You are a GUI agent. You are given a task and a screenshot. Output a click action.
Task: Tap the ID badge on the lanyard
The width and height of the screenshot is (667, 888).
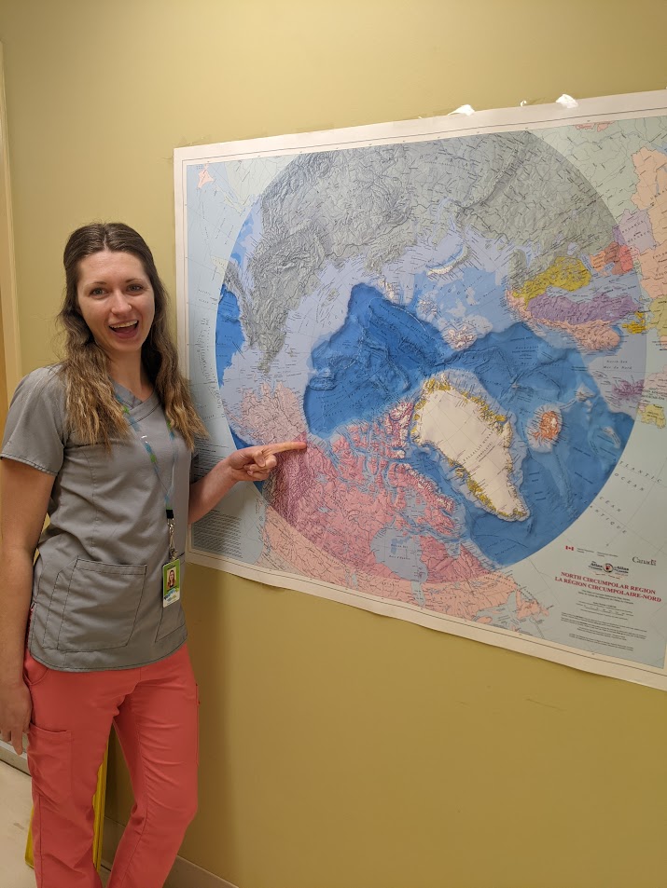(172, 581)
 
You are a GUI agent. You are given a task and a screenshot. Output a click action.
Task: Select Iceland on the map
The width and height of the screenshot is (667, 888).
(546, 425)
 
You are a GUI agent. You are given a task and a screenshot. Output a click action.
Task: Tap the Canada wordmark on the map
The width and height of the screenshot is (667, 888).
(644, 561)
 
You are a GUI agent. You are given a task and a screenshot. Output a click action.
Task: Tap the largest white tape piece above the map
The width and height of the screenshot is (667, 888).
(566, 101)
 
